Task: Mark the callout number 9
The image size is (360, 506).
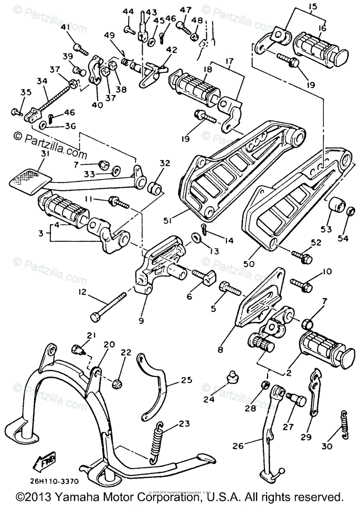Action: [x=141, y=321]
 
